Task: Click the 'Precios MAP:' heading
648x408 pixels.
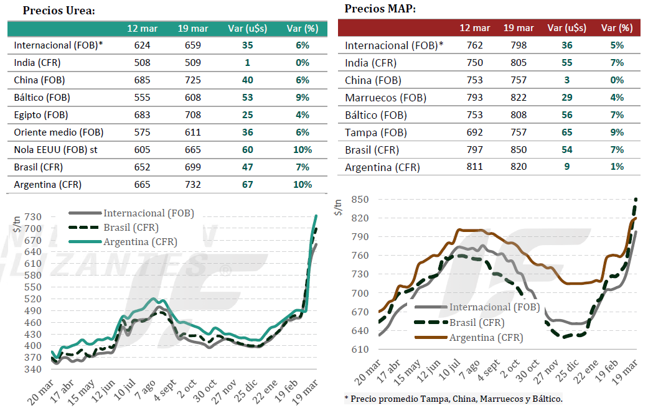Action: point(380,9)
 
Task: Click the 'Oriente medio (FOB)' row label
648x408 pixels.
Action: point(59,132)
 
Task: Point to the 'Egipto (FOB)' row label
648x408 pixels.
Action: point(41,115)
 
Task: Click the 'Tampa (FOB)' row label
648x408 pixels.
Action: point(375,132)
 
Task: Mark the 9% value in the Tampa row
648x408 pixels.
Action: point(616,132)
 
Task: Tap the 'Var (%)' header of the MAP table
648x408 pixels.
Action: point(616,28)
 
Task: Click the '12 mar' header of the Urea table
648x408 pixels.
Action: point(143,29)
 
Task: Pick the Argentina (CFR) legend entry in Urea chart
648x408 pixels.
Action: point(140,242)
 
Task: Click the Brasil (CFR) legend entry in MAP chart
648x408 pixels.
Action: point(477,323)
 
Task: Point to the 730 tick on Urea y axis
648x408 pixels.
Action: point(33,217)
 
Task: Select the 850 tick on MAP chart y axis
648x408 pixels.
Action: point(360,200)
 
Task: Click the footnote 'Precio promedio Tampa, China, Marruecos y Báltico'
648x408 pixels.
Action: point(454,398)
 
